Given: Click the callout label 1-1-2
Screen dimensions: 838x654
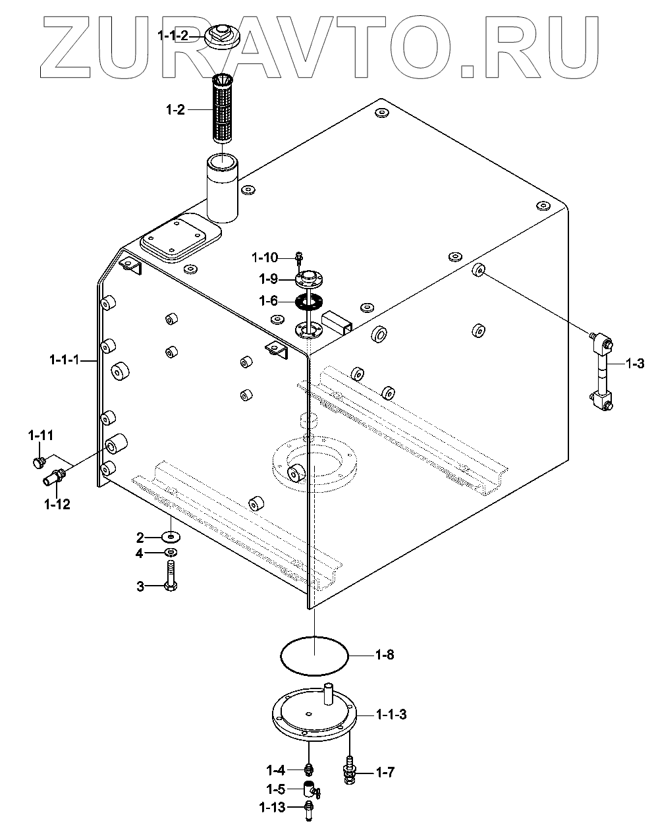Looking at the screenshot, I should [x=173, y=36].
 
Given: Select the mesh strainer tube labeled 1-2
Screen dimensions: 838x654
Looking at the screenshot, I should [x=223, y=109].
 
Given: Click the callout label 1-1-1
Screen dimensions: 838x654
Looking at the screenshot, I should [x=64, y=360].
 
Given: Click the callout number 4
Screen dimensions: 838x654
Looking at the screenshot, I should [x=139, y=553].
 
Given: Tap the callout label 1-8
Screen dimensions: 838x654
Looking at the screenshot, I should [x=385, y=655].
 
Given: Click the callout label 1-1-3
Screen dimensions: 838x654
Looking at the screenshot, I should [x=391, y=714].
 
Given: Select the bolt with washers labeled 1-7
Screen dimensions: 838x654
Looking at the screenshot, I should [x=349, y=769].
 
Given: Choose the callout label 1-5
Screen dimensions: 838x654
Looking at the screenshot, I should [x=275, y=789].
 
